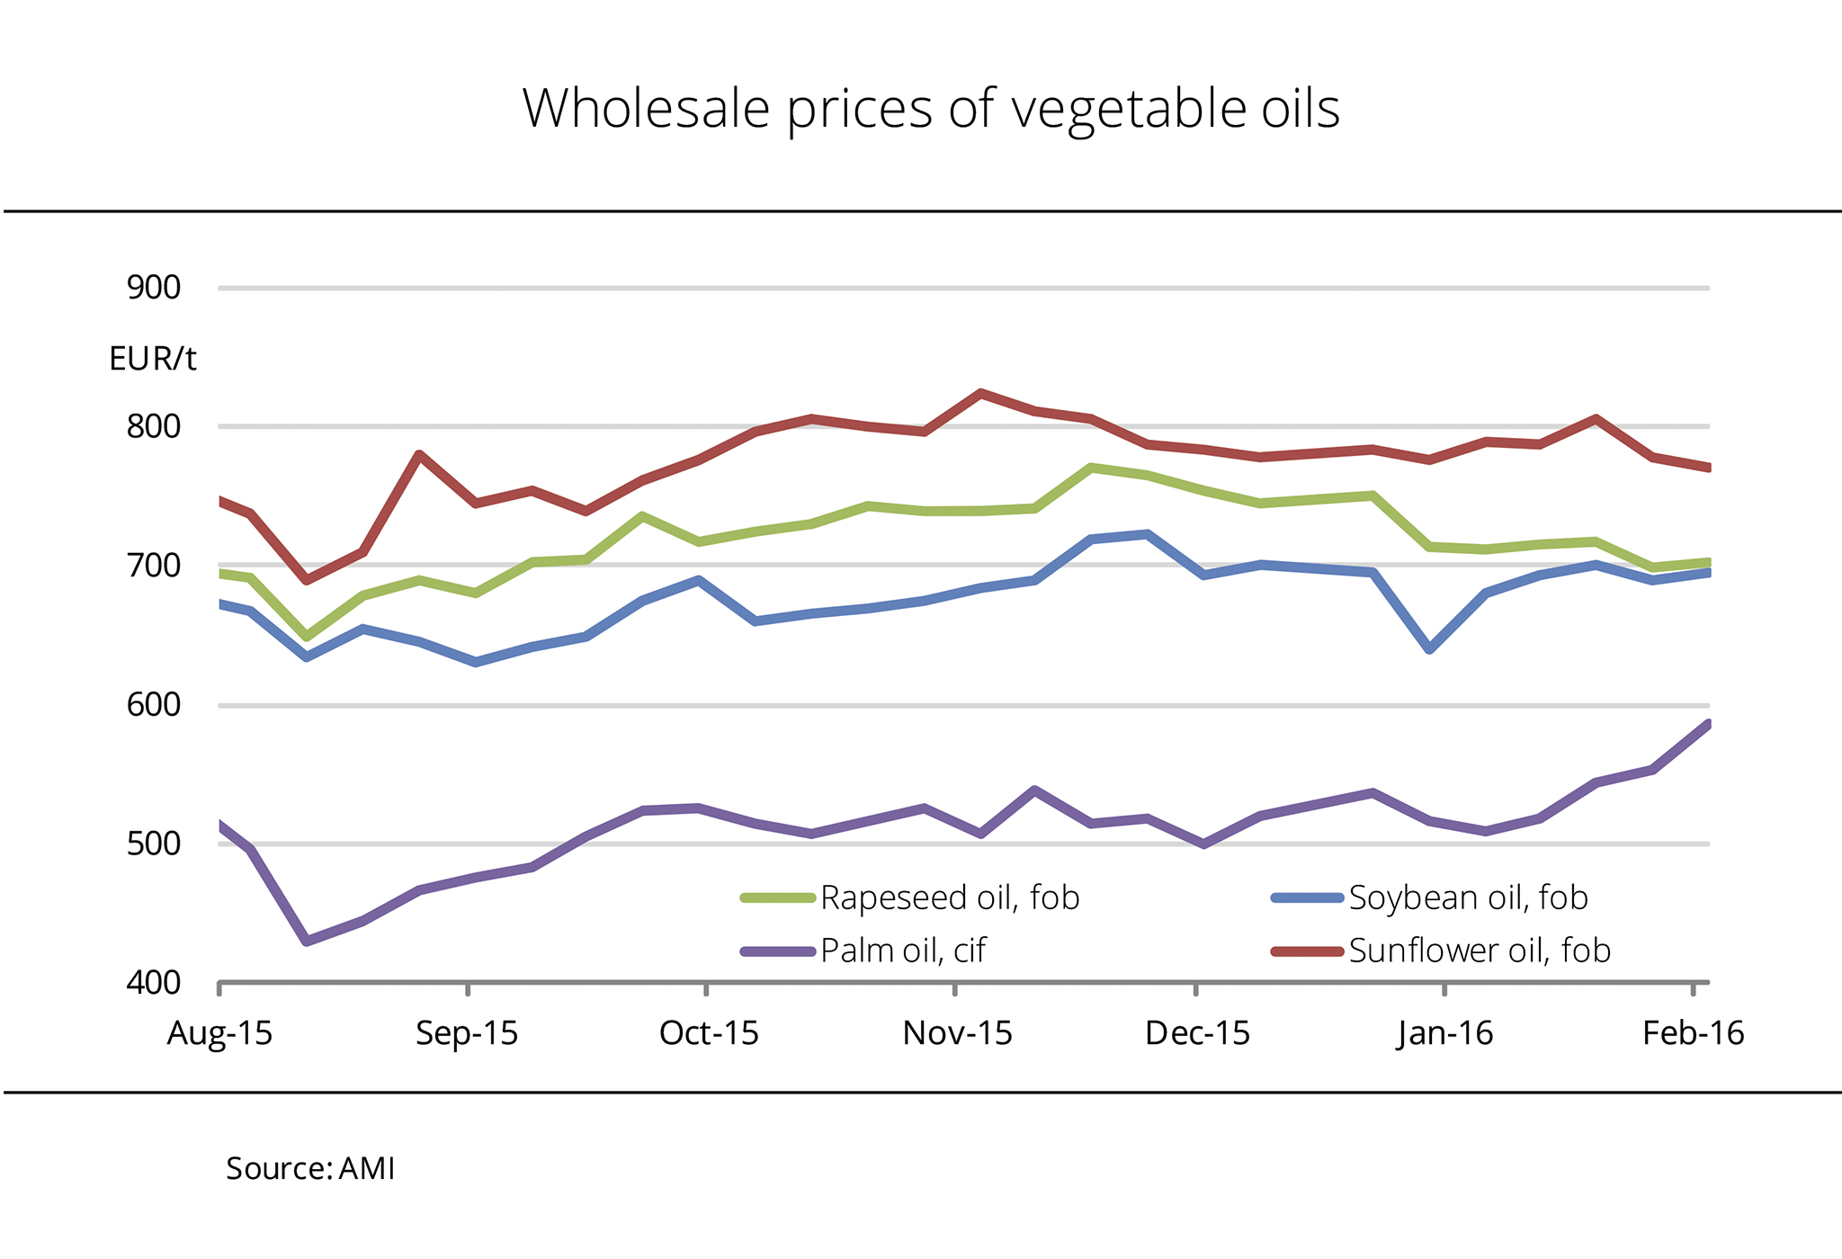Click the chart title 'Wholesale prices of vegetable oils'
(931, 109)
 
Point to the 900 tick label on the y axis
(154, 288)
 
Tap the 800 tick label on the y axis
(154, 426)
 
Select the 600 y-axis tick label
(154, 705)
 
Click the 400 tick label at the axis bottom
(154, 983)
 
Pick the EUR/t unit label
(152, 359)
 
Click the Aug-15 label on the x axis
(219, 1033)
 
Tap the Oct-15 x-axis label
(709, 1033)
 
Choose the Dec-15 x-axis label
(1197, 1033)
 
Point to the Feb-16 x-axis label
(1693, 1033)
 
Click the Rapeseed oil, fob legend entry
(949, 897)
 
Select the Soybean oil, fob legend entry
(1468, 897)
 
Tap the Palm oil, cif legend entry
(902, 951)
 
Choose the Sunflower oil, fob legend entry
(1479, 951)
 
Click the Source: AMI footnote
(310, 1168)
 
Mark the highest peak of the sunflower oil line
(980, 393)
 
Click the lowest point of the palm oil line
(307, 941)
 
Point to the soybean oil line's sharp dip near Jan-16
(1430, 648)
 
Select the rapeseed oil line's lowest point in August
(307, 637)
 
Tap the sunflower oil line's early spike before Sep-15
(419, 454)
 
